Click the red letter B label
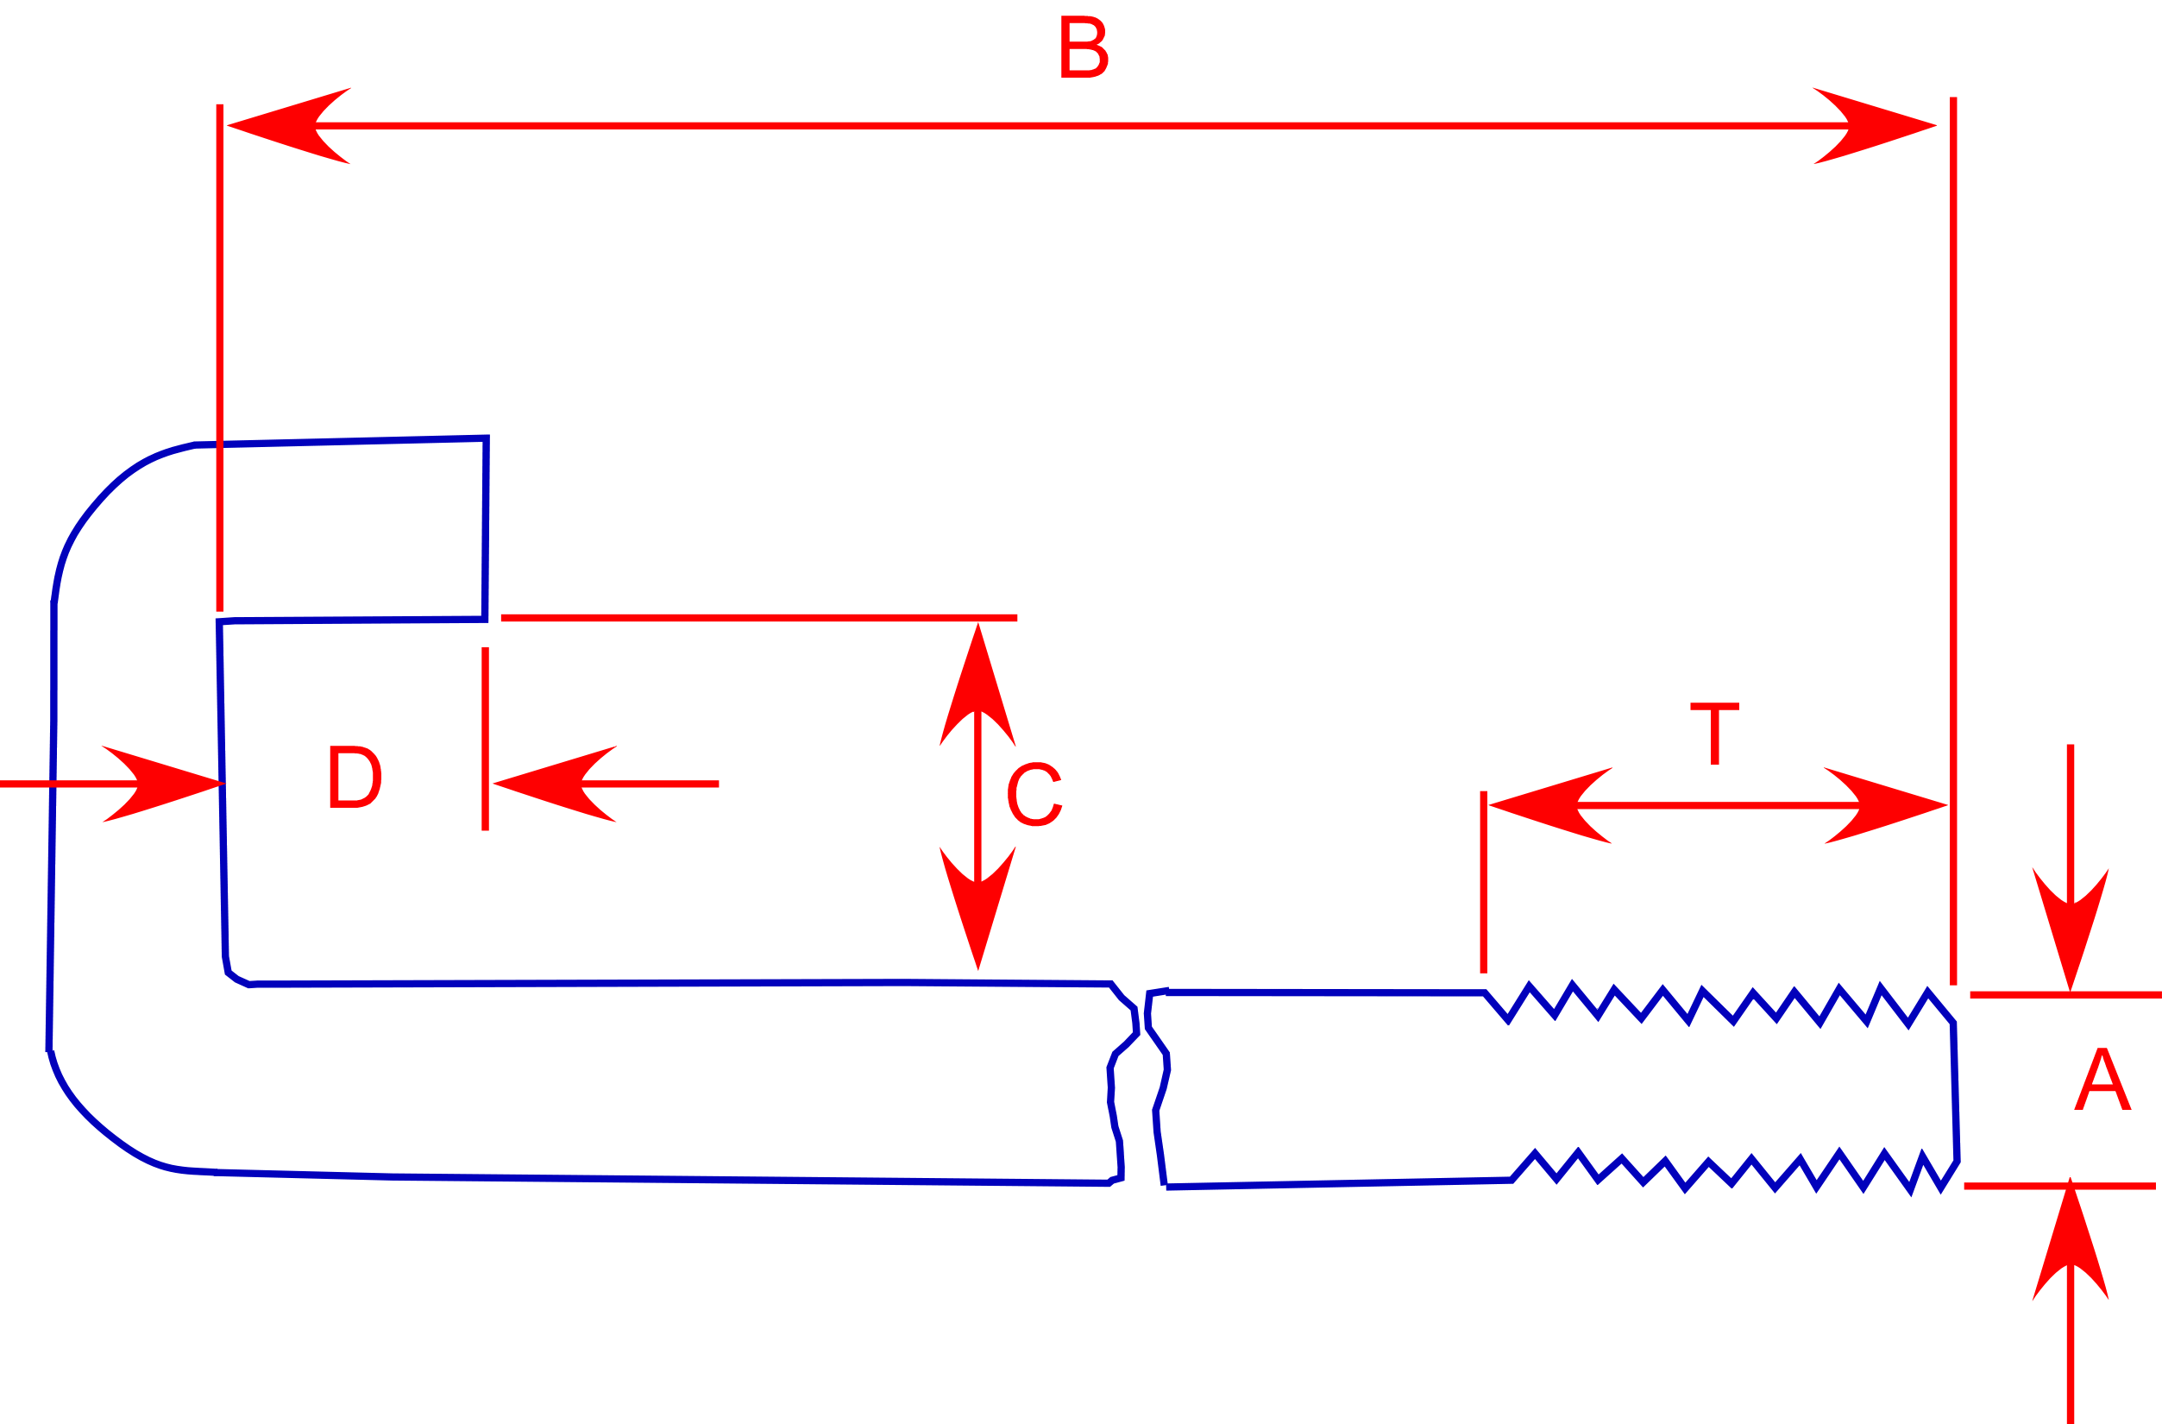coord(1084,47)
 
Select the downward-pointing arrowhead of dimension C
coord(977,909)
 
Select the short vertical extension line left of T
coord(1483,881)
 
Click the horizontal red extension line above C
coord(758,618)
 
